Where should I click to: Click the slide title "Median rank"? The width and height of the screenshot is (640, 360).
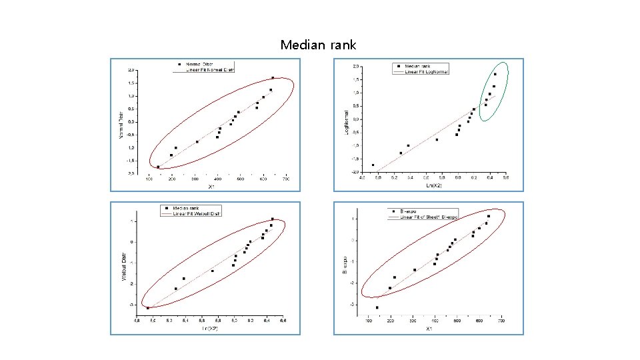click(x=318, y=45)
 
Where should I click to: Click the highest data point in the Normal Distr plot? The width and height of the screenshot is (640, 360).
click(x=273, y=78)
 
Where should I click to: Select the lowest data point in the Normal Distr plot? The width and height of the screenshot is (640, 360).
click(x=158, y=167)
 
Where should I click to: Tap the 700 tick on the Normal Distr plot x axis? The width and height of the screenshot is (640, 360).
click(x=286, y=179)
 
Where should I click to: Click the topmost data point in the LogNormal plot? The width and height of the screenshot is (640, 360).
click(x=495, y=74)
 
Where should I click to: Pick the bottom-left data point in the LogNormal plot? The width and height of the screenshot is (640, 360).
click(x=373, y=165)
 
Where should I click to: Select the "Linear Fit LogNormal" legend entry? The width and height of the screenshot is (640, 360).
click(x=426, y=72)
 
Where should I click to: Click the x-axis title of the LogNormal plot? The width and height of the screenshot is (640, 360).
click(x=433, y=184)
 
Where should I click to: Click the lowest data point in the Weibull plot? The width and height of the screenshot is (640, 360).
click(x=148, y=308)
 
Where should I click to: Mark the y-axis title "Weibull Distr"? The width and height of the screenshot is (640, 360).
click(x=123, y=266)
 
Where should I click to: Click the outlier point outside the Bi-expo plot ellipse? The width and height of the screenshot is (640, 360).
click(x=377, y=307)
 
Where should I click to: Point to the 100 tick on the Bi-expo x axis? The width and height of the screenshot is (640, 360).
click(x=369, y=321)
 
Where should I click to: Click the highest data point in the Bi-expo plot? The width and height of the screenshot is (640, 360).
click(x=489, y=216)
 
